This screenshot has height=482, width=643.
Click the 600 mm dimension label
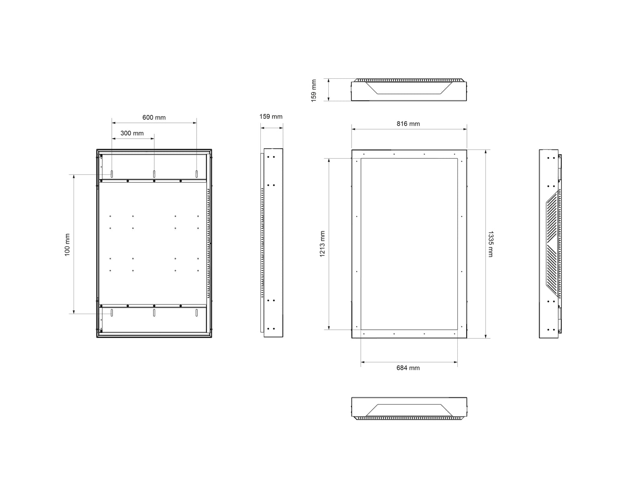154,117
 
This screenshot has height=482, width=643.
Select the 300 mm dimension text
132,133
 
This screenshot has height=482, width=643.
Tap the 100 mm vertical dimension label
67,245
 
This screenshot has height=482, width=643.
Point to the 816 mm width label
408,124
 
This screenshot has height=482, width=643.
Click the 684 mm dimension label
408,368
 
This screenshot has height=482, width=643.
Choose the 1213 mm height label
322,244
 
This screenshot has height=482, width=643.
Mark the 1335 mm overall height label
491,244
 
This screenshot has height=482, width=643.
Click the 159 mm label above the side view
271,116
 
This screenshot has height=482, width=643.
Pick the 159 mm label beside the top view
314,91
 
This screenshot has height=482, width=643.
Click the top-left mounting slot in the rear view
112,174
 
